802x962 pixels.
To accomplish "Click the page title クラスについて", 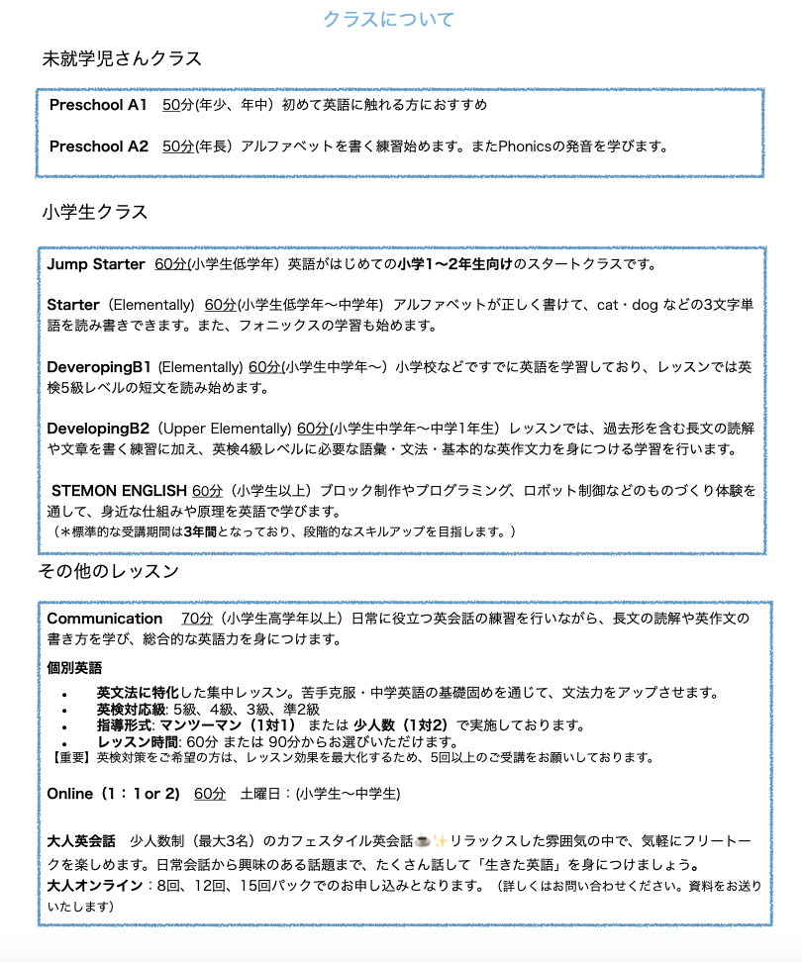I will coord(388,19).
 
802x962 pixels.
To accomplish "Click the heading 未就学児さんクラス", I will coord(122,58).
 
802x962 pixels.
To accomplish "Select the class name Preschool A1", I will coord(98,104).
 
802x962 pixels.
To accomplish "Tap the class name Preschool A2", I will coord(98,146).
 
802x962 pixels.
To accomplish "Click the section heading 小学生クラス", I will coord(95,212).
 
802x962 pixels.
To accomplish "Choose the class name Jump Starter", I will coord(95,264).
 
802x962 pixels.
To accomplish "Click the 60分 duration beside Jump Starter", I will coord(170,264).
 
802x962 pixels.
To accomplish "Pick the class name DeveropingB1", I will coord(99,366).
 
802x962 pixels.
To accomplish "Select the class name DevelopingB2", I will coord(97,428).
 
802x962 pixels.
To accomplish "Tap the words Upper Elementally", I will coord(226,428).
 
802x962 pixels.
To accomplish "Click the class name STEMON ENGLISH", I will coord(119,490).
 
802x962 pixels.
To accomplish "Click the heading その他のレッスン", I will coord(108,571).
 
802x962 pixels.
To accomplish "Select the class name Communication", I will coord(105,619).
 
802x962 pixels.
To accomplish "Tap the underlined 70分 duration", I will coord(197,619).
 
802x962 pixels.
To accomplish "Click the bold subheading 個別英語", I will coord(74,668).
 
